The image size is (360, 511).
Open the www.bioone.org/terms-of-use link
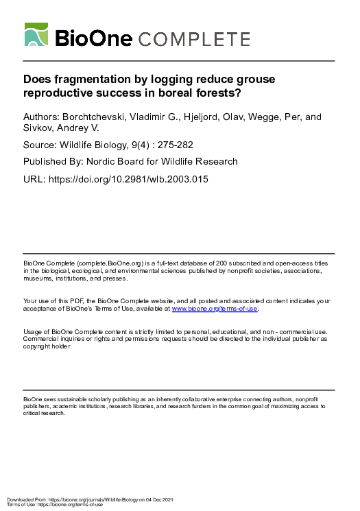pos(214,309)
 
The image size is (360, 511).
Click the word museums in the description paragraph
pos(38,279)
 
